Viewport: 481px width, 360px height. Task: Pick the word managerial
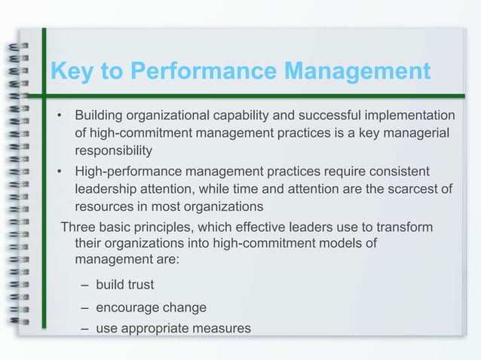coord(422,133)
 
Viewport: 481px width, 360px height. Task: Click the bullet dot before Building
coord(59,116)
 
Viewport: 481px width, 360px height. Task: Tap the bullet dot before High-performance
coord(59,171)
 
